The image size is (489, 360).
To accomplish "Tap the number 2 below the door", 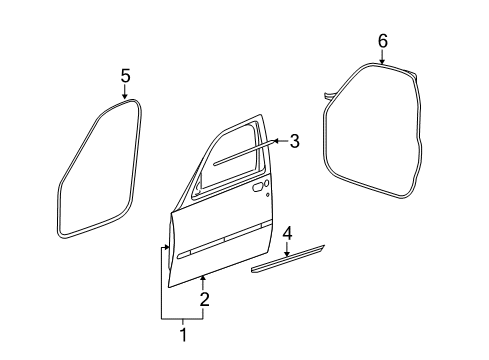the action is (203, 299).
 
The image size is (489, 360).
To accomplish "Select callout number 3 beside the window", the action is (294, 141).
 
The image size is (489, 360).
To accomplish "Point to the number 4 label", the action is (287, 234).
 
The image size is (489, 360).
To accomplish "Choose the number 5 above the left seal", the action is (125, 75).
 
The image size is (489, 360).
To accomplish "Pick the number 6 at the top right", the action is (382, 40).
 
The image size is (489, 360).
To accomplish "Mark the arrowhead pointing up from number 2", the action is (203, 275).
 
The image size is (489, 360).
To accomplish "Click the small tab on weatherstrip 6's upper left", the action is (328, 96).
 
